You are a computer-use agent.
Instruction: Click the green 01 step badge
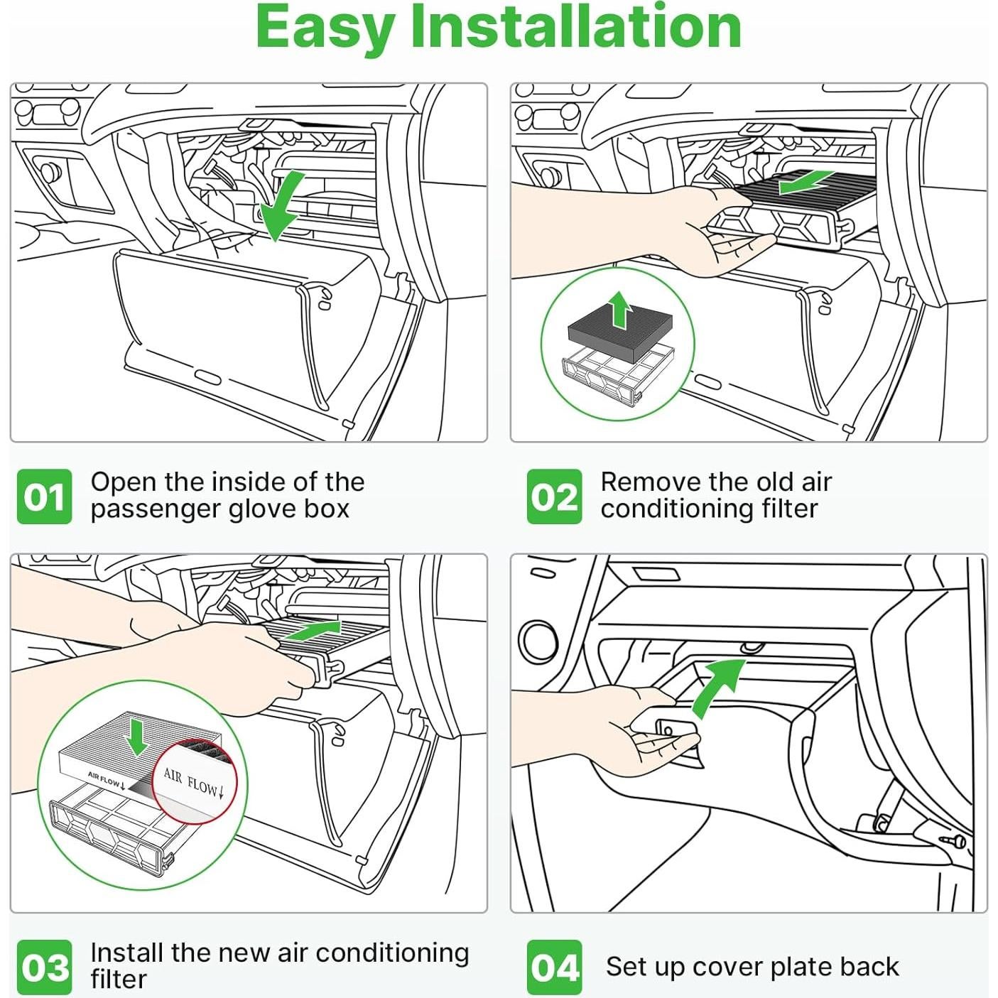point(44,497)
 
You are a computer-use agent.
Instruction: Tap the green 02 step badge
point(554,497)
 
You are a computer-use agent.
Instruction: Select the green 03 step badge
point(44,967)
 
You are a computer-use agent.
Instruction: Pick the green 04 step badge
point(554,967)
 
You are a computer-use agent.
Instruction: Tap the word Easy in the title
point(325,28)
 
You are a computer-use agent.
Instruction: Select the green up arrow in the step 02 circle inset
point(620,309)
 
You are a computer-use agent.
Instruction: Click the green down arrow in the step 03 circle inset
point(136,737)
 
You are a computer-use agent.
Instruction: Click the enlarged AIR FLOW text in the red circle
point(193,782)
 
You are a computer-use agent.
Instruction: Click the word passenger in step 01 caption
point(148,509)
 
